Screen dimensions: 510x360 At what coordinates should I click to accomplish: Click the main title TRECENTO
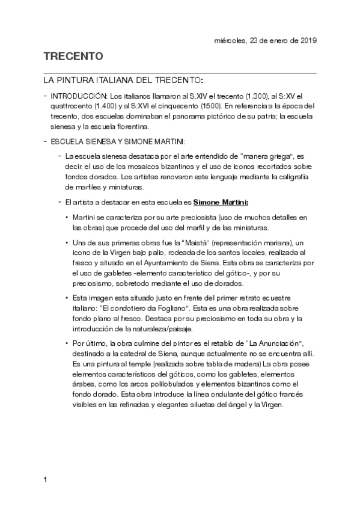click(x=74, y=57)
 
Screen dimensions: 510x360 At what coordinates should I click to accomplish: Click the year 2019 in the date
click(x=307, y=40)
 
